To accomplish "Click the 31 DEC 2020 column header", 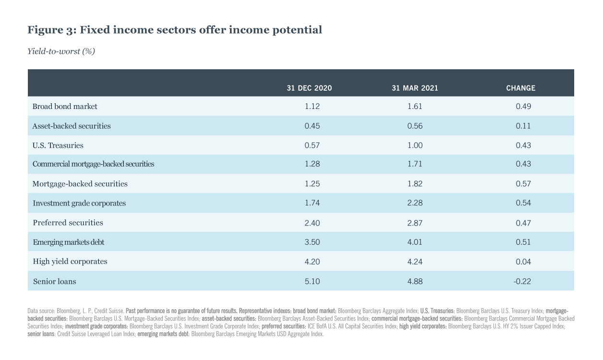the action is tap(309, 88).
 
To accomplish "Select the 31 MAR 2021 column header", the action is tap(415, 88).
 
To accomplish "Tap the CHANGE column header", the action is tap(520, 88).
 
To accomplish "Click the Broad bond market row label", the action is tap(65, 106).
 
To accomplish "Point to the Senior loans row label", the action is tap(54, 281).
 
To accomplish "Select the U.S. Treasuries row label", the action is tap(58, 145).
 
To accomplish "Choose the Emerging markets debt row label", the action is tap(68, 242).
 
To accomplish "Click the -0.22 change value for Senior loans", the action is tap(522, 281).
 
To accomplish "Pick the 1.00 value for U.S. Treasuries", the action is tap(415, 145).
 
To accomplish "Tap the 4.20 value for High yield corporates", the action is tap(312, 262).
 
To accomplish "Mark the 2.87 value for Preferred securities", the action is tap(415, 223).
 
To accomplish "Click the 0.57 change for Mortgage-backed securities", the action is tap(523, 184).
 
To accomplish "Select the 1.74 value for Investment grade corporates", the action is tap(312, 203).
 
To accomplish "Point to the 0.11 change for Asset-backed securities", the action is tap(523, 126).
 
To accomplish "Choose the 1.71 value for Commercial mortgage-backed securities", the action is tap(415, 164).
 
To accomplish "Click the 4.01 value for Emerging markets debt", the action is tap(415, 242).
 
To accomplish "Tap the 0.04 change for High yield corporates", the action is tap(523, 262).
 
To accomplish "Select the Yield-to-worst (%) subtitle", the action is tap(61, 51).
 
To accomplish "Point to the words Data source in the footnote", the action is tap(41, 311).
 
